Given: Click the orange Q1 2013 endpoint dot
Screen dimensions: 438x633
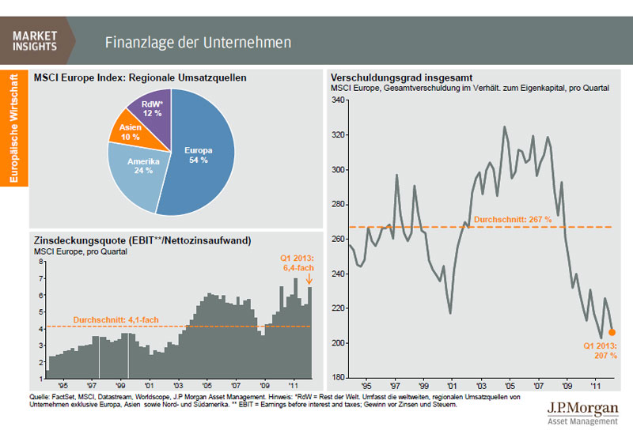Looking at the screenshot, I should [612, 332].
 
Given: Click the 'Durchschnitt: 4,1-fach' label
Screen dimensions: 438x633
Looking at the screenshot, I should [116, 320].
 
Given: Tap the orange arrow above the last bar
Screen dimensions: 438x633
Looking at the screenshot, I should [309, 278].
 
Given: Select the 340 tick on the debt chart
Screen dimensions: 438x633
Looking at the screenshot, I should [339, 100].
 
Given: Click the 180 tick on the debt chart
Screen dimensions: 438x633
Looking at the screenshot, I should [339, 376].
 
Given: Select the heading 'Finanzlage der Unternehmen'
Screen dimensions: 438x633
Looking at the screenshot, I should [198, 41].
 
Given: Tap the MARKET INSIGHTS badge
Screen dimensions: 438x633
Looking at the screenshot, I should [36, 40].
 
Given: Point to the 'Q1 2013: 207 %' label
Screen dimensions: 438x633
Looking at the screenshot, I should [600, 351].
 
